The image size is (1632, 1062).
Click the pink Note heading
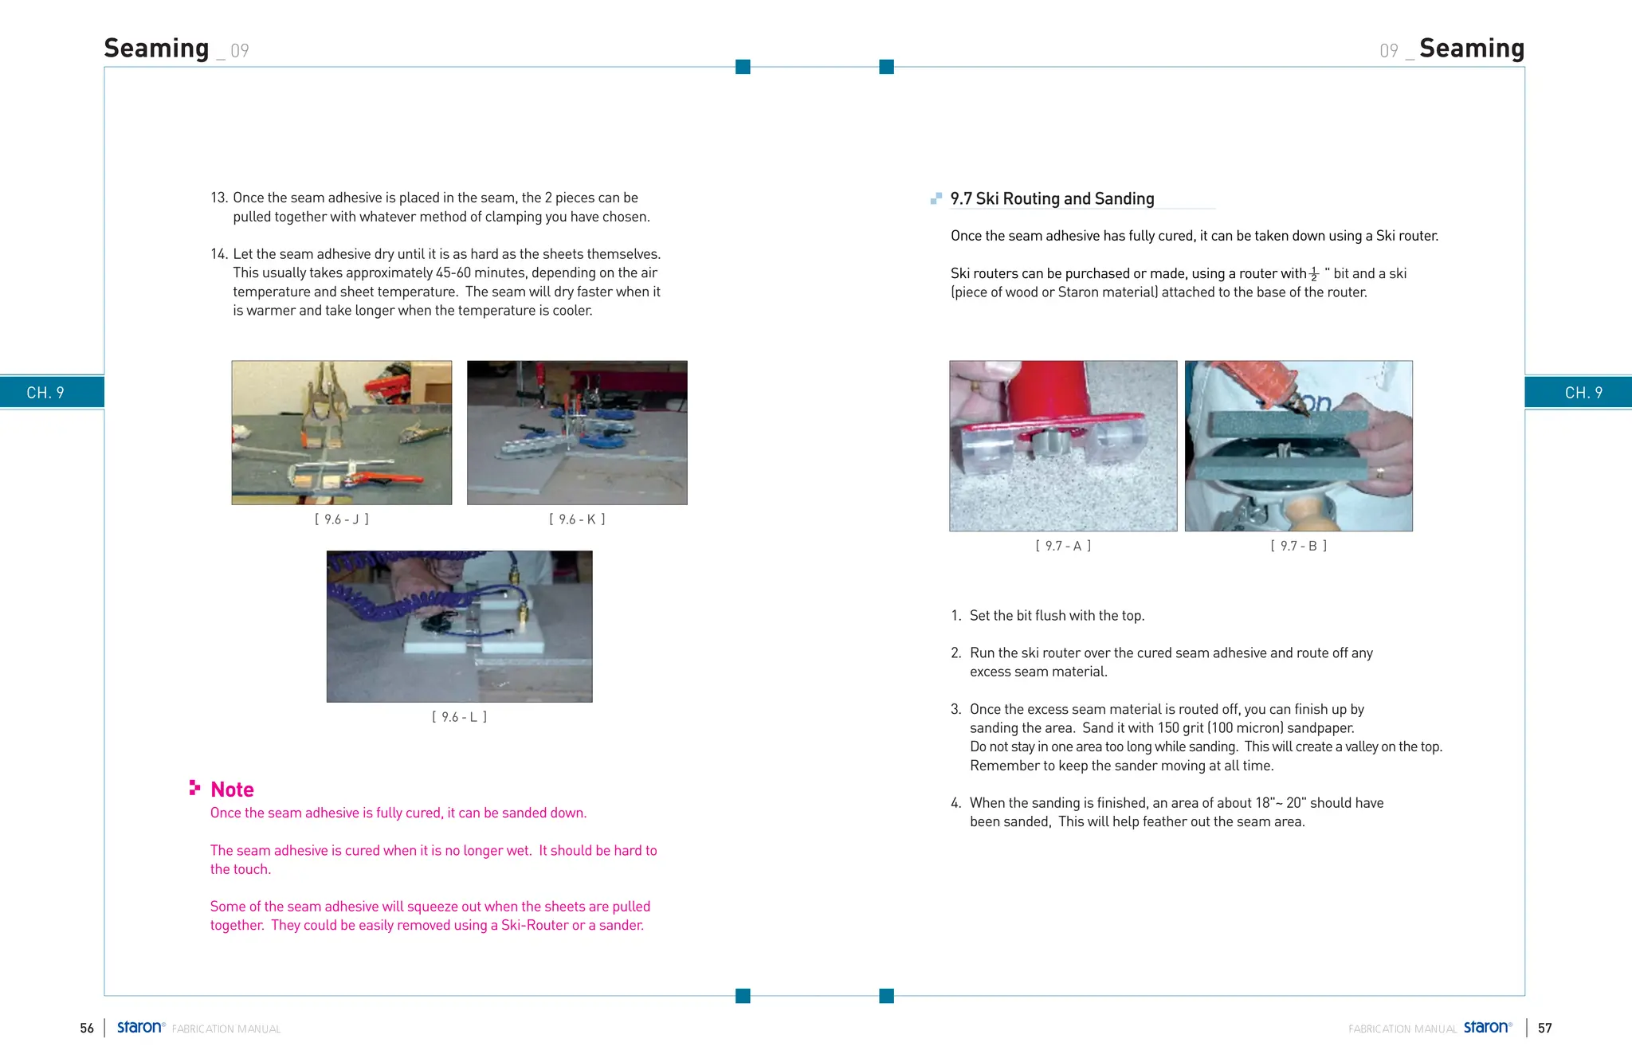pyautogui.click(x=232, y=790)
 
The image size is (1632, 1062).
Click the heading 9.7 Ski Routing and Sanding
pyautogui.click(x=1052, y=198)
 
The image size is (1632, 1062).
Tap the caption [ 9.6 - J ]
pyautogui.click(x=342, y=519)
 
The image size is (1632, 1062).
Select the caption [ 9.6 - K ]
pyautogui.click(x=577, y=519)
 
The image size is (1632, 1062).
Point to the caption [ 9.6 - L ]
pyautogui.click(x=459, y=717)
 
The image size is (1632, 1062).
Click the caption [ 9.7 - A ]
pyautogui.click(x=1063, y=546)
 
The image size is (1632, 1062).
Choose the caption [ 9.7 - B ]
pyautogui.click(x=1298, y=546)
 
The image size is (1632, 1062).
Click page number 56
pyautogui.click(x=87, y=1029)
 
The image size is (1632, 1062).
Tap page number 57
pyautogui.click(x=1544, y=1029)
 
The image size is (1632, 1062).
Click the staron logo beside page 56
pyautogui.click(x=140, y=1027)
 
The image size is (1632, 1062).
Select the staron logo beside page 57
pyautogui.click(x=1487, y=1027)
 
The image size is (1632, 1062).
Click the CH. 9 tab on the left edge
pyautogui.click(x=45, y=393)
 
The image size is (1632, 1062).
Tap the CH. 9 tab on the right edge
pyautogui.click(x=1583, y=393)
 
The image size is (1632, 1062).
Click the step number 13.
pyautogui.click(x=218, y=198)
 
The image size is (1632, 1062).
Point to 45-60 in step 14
pyautogui.click(x=453, y=273)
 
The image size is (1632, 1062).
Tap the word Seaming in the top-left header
pyautogui.click(x=157, y=49)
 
